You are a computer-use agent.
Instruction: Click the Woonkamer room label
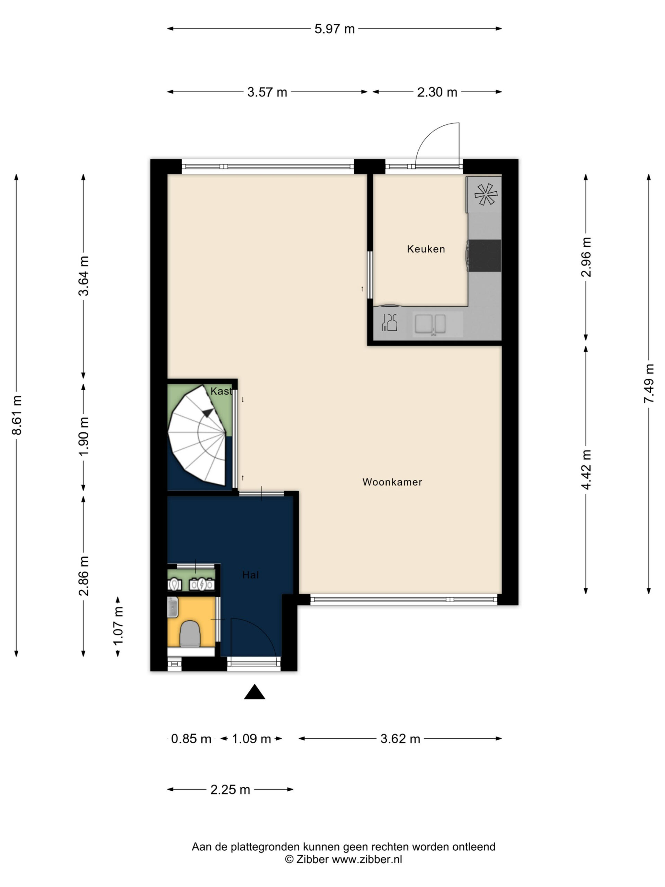[392, 482]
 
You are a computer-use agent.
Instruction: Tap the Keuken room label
[426, 249]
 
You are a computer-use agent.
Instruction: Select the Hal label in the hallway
[250, 575]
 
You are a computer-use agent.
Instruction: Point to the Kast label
[221, 391]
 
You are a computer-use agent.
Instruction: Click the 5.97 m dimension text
[334, 29]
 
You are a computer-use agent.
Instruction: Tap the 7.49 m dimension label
[649, 384]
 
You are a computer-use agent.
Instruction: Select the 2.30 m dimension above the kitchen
[437, 92]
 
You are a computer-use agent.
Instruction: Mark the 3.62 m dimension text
[400, 739]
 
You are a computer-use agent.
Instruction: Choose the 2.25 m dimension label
[230, 790]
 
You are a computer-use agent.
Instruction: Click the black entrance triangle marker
[255, 692]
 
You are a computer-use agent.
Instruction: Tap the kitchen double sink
[430, 324]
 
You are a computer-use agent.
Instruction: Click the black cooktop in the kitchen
[485, 255]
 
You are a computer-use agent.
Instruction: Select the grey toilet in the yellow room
[189, 634]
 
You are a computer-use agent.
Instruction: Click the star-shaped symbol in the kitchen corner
[486, 194]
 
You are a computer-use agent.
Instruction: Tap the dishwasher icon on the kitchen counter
[390, 322]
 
